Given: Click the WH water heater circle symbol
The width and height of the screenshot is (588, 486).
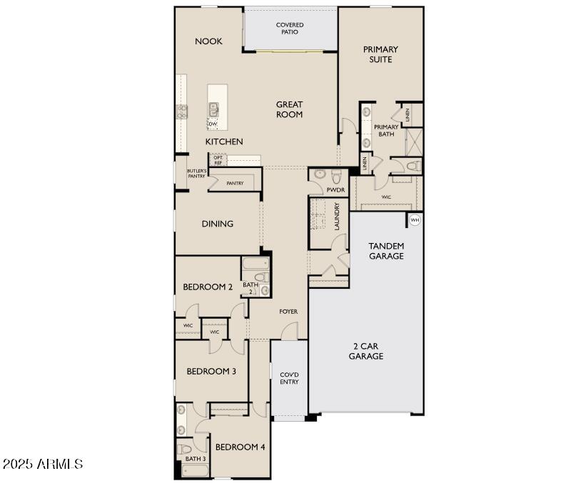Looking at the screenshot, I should [415, 220].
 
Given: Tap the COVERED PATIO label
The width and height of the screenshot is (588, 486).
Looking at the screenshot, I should [290, 29].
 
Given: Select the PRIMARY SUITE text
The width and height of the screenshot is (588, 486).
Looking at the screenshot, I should [380, 54].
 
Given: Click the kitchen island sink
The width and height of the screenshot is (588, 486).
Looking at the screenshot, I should [213, 109].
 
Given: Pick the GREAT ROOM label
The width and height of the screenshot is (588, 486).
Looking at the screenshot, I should [290, 109].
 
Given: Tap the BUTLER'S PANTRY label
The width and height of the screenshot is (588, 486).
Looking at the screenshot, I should [197, 174].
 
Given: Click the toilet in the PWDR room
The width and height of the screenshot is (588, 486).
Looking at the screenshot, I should [319, 174].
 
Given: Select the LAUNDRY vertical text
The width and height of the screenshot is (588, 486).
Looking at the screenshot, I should [336, 216].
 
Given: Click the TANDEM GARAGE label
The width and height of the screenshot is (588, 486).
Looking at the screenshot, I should [386, 251].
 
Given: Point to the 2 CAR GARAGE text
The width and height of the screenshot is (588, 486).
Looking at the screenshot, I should [366, 351].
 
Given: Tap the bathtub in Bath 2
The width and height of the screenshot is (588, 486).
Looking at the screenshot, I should [253, 264].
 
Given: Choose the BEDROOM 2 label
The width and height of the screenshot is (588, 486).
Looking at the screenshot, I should [208, 287].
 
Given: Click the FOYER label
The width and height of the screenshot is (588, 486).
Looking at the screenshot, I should [288, 312].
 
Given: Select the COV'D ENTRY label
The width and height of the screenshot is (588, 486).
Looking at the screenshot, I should [289, 378].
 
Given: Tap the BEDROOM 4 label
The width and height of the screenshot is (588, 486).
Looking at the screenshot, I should [240, 447].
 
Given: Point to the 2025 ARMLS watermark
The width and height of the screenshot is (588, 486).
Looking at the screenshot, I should [43, 465].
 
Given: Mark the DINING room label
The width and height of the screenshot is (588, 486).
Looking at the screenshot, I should [217, 224].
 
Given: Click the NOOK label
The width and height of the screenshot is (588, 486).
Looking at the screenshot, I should [208, 41].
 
